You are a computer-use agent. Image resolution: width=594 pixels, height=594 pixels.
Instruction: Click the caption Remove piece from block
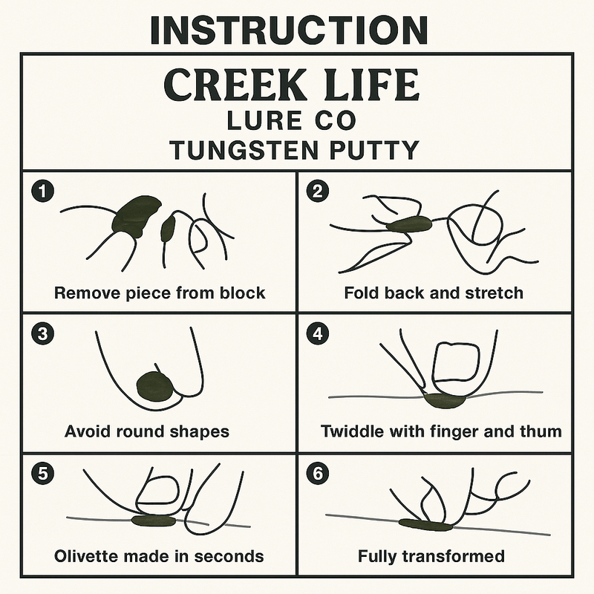[160, 293]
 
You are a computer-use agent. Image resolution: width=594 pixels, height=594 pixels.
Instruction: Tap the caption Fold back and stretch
[434, 293]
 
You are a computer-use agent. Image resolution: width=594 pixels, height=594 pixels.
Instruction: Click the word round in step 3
[143, 431]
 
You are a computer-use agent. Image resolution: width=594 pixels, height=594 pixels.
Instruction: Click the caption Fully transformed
[431, 556]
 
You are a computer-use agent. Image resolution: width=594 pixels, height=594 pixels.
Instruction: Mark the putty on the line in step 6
[425, 524]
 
